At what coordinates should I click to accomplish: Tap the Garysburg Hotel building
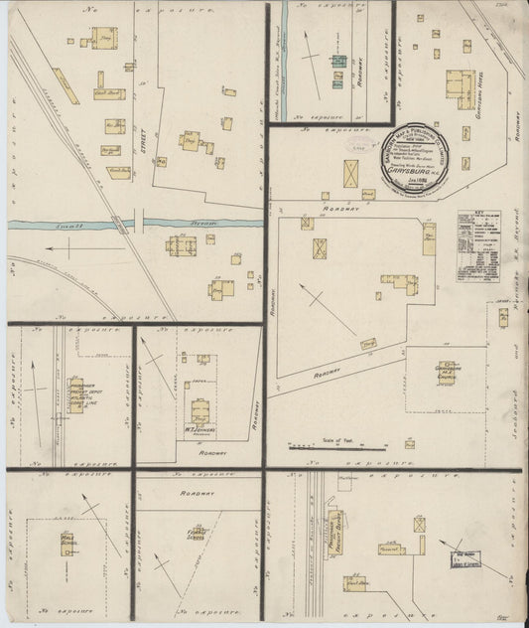461,88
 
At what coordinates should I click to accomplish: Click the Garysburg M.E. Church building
448,375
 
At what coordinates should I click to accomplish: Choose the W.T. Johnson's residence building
200,411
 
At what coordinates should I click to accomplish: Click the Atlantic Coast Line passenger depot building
75,393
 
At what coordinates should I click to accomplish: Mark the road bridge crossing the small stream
140,221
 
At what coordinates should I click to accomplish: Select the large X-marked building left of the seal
351,174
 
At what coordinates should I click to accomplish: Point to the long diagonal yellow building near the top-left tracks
66,85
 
